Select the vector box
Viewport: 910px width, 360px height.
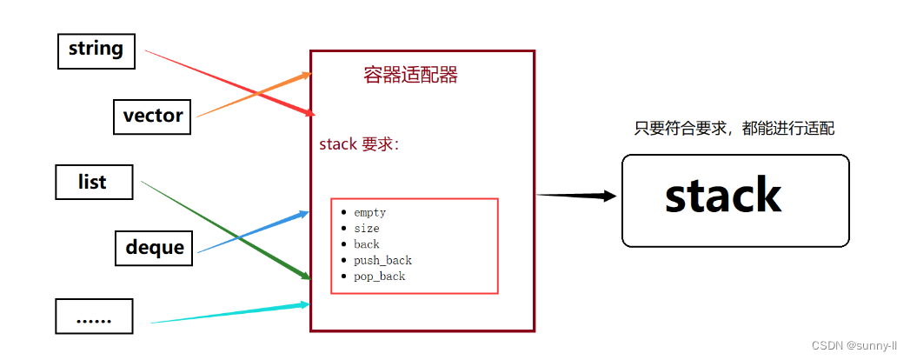tap(152, 116)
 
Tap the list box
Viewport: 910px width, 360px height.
tap(93, 182)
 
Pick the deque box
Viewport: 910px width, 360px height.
tap(154, 247)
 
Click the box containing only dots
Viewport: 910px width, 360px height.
tap(94, 317)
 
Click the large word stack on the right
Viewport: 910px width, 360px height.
tap(723, 196)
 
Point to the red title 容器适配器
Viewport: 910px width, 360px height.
tap(410, 75)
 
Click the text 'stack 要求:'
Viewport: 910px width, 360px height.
tap(359, 144)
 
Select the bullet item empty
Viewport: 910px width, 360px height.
tap(369, 212)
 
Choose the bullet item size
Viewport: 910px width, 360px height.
tap(366, 228)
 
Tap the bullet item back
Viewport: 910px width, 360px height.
tap(366, 244)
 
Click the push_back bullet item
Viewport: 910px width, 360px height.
tap(382, 260)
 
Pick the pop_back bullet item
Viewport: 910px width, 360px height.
tap(379, 277)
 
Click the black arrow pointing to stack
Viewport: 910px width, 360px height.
tap(578, 196)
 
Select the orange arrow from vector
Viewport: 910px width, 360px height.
tap(252, 97)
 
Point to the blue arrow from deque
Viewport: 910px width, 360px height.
tap(252, 232)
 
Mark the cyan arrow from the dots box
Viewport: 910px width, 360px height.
tap(230, 314)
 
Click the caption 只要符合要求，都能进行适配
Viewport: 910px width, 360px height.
tap(734, 129)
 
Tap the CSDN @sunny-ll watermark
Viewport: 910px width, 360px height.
tap(855, 345)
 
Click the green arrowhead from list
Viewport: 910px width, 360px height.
tap(304, 277)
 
